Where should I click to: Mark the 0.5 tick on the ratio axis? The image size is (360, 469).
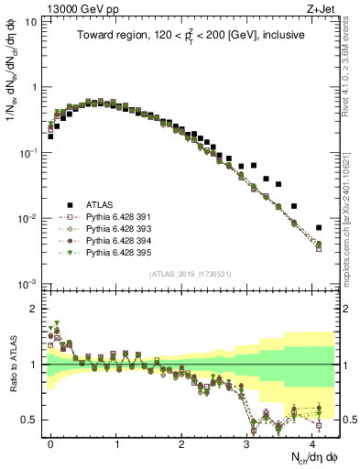33,420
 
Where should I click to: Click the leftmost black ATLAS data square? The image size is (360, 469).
50,136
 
